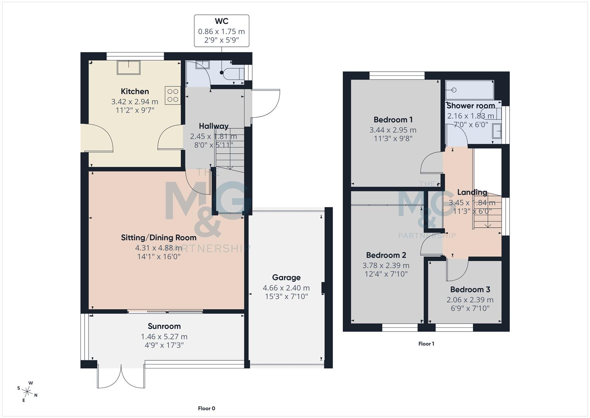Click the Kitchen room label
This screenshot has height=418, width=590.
134,91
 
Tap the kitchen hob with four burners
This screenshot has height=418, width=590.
173,95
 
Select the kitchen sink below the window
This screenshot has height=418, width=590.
129,67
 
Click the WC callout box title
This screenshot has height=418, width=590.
221,21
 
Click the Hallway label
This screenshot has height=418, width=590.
213,126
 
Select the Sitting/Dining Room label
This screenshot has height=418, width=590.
158,237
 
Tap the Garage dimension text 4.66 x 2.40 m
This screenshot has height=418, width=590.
286,288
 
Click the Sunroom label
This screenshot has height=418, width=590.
164,326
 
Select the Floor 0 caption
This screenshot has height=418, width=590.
206,408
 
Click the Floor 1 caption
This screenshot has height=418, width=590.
426,344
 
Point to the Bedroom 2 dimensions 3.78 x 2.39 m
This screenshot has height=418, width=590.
386,265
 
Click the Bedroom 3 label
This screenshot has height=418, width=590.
470,290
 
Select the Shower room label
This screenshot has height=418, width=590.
471,105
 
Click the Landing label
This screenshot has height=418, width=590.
472,192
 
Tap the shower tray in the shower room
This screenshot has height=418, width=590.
469,90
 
